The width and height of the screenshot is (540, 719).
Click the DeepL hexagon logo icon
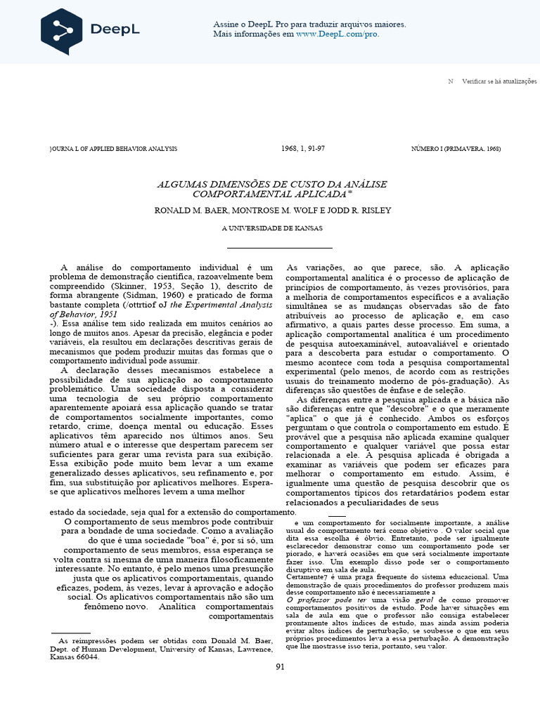tap(61, 32)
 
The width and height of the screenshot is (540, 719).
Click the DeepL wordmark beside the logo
tap(115, 29)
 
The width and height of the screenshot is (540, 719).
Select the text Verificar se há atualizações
tap(499, 81)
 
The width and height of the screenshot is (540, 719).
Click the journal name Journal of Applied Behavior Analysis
tap(113, 149)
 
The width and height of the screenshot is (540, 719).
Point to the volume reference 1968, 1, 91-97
tap(302, 149)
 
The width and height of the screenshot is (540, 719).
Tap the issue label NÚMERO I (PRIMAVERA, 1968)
tap(456, 149)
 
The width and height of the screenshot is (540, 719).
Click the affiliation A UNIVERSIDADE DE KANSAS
tap(272, 229)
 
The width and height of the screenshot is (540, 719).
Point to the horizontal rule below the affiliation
tap(279, 248)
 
